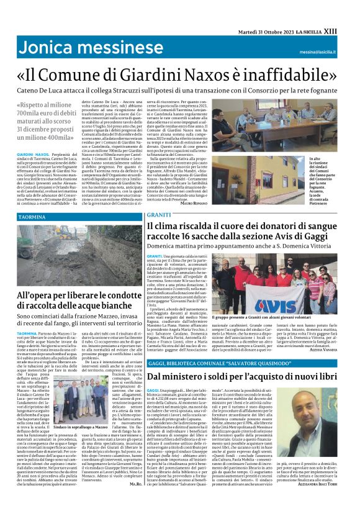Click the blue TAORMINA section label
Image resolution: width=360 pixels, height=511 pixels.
tap(31, 217)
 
